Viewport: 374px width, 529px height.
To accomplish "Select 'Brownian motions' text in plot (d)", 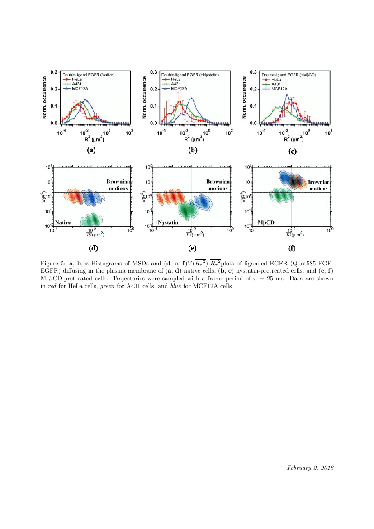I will pos(118,185).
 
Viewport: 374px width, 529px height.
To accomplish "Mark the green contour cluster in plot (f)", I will pos(280,196).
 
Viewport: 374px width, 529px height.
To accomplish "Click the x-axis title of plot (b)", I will pos(190,139).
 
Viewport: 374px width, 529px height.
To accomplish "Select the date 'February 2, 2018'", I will pos(310,467).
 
